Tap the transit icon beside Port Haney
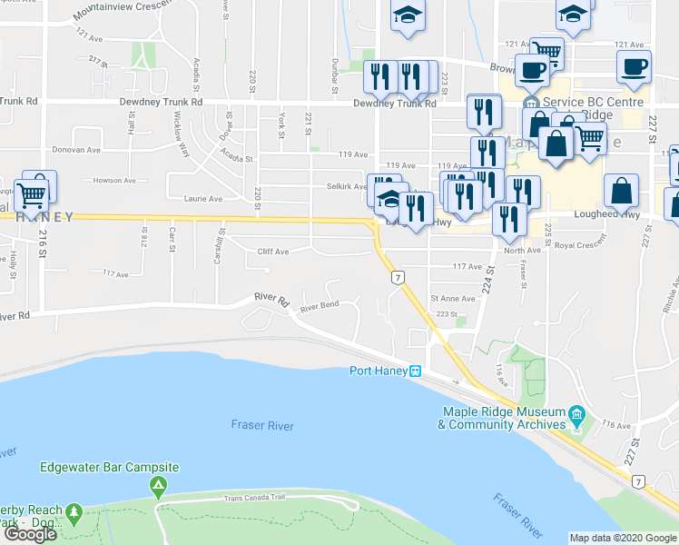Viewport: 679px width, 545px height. click(x=415, y=371)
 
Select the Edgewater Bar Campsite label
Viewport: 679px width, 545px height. click(x=110, y=467)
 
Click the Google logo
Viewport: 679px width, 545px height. click(x=30, y=534)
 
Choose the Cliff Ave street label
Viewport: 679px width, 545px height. click(x=272, y=252)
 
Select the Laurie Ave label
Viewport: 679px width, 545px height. click(x=203, y=199)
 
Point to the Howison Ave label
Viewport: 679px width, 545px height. click(x=113, y=180)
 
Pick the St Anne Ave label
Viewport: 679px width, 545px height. click(x=453, y=298)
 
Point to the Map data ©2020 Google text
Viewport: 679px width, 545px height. click(x=622, y=538)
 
